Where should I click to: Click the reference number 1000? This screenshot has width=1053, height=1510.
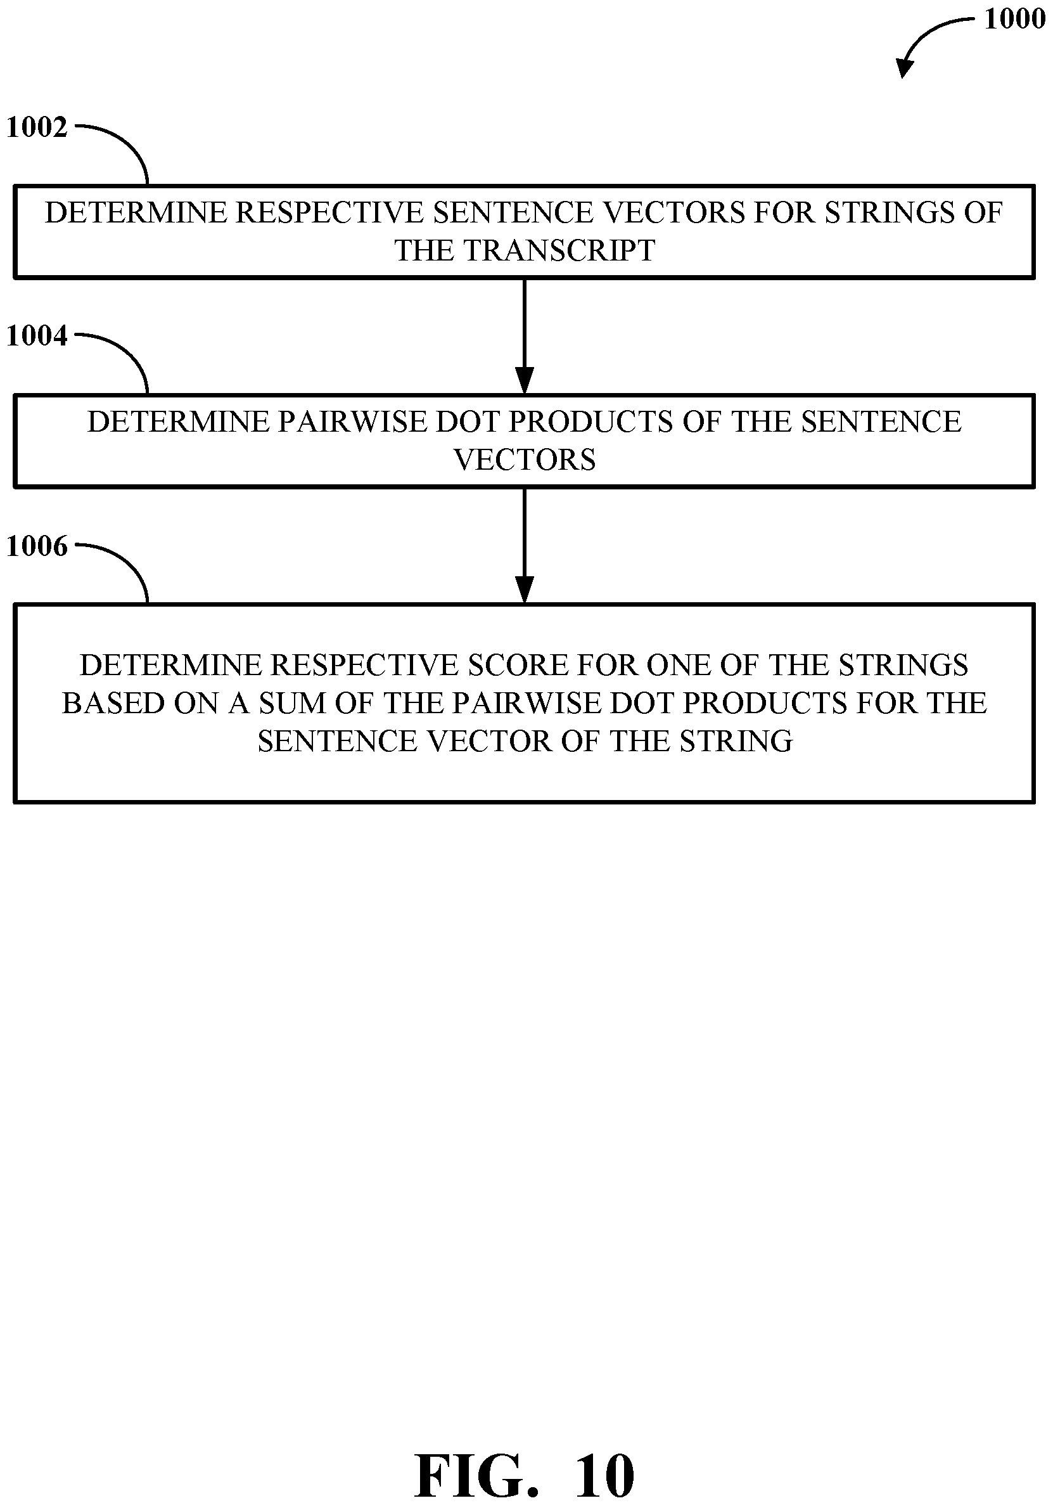click(x=1014, y=19)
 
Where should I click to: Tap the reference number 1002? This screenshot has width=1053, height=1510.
click(x=37, y=127)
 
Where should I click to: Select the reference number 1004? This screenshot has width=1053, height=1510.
click(x=37, y=336)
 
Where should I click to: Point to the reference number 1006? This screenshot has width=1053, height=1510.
click(x=37, y=546)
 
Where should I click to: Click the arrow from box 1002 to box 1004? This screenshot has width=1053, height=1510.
click(x=524, y=335)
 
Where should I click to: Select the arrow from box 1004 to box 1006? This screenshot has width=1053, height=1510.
click(x=524, y=545)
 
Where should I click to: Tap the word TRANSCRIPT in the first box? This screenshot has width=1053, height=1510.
click(x=559, y=250)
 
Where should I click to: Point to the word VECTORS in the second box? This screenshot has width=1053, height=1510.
click(x=525, y=460)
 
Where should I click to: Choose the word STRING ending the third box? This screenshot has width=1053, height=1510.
click(x=736, y=741)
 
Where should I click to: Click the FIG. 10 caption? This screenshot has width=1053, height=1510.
click(x=524, y=1475)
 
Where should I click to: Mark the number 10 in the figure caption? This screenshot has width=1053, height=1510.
click(x=604, y=1475)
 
